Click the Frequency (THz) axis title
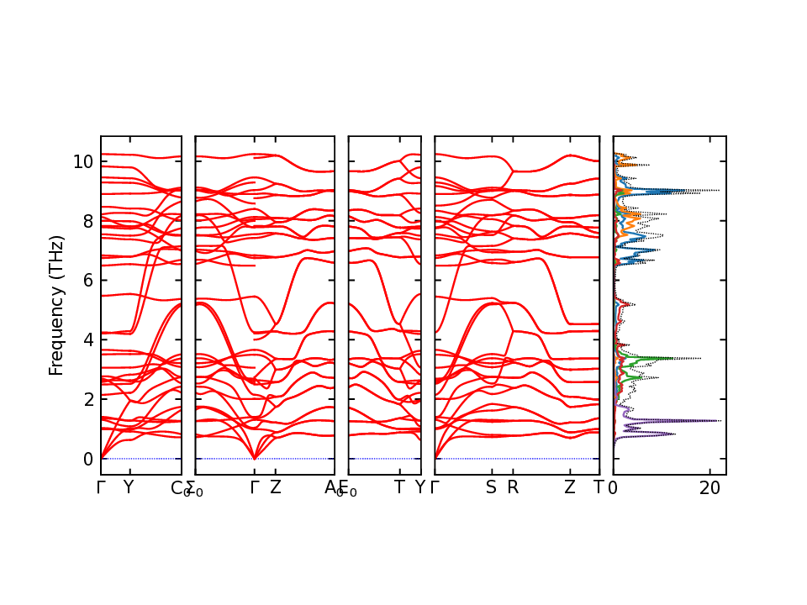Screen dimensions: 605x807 pyautogui.click(x=56, y=306)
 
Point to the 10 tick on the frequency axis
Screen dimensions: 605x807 pyautogui.click(x=82, y=161)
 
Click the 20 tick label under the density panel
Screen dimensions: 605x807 pyautogui.click(x=710, y=487)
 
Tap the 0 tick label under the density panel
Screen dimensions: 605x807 pyautogui.click(x=613, y=487)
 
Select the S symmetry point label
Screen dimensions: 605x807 pyautogui.click(x=491, y=487)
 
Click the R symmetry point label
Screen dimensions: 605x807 pyautogui.click(x=513, y=487)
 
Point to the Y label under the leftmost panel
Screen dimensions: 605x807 pyautogui.click(x=128, y=487)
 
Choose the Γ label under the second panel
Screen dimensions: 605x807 pyautogui.click(x=254, y=487)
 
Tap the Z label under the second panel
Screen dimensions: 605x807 pyautogui.click(x=275, y=487)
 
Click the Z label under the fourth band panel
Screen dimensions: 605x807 pyautogui.click(x=569, y=487)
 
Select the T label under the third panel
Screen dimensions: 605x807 pyautogui.click(x=399, y=487)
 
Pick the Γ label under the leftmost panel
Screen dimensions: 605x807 pyautogui.click(x=101, y=487)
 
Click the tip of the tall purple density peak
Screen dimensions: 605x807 pyautogui.click(x=720, y=420)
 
